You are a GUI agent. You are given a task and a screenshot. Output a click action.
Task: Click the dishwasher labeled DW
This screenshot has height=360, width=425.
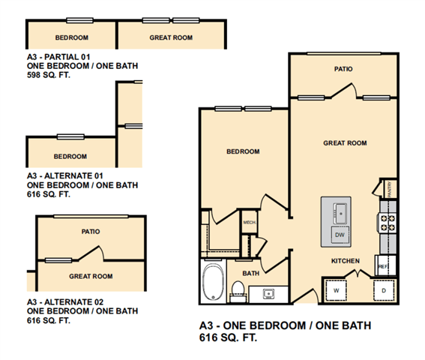pyautogui.click(x=340, y=235)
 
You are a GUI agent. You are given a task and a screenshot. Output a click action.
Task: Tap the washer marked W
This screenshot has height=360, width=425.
pyautogui.click(x=336, y=290)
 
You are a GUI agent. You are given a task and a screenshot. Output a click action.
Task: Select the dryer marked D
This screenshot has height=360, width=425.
pyautogui.click(x=384, y=290)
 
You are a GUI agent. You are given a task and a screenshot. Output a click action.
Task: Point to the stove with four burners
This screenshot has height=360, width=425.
pyautogui.click(x=388, y=223)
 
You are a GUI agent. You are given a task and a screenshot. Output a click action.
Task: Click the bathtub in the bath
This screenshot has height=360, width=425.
pyautogui.click(x=213, y=282)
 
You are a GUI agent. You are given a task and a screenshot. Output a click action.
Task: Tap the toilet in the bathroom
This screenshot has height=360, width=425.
pyautogui.click(x=238, y=291)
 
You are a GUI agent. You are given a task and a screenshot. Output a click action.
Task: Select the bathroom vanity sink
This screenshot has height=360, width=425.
pyautogui.click(x=268, y=293)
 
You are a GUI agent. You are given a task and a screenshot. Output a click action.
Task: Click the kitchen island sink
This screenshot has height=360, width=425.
pyautogui.click(x=340, y=213)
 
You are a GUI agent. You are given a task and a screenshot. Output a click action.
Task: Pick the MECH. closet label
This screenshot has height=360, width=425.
pyautogui.click(x=250, y=223)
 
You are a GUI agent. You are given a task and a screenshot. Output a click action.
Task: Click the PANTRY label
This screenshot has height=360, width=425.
pyautogui.click(x=390, y=189)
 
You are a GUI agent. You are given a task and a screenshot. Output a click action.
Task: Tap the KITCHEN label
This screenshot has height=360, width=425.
pyautogui.click(x=346, y=261)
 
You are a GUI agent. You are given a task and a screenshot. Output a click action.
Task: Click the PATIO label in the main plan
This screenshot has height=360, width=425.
pyautogui.click(x=343, y=69)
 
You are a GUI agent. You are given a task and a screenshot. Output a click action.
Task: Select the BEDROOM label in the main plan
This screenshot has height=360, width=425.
pyautogui.click(x=243, y=151)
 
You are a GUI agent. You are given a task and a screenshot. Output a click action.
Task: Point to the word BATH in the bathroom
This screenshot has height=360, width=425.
pyautogui.click(x=250, y=273)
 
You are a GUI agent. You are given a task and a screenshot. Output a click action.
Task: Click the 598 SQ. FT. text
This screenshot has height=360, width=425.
pyautogui.click(x=49, y=75)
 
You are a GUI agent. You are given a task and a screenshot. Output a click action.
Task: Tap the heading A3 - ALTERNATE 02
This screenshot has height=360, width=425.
pyautogui.click(x=65, y=302)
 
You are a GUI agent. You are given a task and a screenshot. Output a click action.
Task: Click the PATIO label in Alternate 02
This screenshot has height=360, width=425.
pyautogui.click(x=91, y=232)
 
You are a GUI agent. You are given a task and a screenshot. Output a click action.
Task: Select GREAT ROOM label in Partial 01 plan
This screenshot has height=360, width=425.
pyautogui.click(x=171, y=37)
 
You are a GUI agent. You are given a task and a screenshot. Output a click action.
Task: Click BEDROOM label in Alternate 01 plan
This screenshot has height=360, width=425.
pyautogui.click(x=70, y=156)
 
